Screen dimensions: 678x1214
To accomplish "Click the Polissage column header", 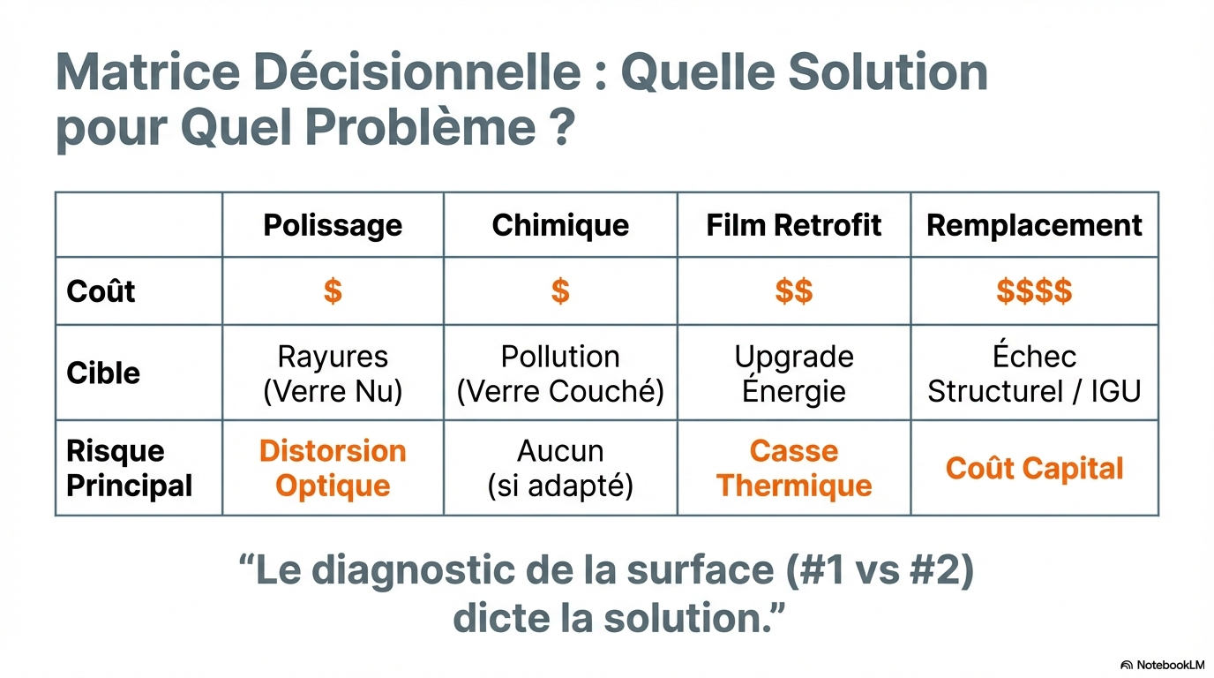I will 333,225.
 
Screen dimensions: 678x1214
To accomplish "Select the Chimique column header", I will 560,225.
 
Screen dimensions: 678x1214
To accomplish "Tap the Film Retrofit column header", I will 794,225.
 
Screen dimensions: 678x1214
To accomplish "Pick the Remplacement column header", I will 1034,225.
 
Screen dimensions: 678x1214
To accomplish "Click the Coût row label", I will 101,291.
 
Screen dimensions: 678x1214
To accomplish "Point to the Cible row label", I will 103,373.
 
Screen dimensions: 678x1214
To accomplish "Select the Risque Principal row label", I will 129,468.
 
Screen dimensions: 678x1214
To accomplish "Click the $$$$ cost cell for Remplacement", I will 1034,291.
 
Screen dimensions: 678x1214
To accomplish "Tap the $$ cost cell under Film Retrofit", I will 794,291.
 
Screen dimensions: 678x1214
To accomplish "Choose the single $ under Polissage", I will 333,291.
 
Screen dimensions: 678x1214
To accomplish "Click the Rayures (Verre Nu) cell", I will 333,373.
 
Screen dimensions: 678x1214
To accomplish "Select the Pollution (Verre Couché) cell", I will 560,373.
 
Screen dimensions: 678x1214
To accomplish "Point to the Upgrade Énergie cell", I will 794,373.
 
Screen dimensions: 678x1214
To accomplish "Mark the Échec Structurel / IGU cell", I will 1034,373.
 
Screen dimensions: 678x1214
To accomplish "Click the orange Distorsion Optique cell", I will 333,468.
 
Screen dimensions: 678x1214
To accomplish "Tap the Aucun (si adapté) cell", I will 560,468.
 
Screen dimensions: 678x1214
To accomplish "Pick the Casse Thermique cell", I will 794,468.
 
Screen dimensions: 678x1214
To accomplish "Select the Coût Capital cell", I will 1034,468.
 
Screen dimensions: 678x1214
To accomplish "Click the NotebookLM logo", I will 1162,665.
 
